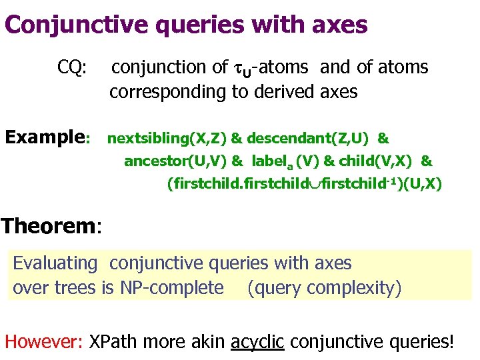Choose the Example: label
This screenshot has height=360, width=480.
[47, 138]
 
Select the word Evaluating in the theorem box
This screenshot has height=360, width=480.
[55, 263]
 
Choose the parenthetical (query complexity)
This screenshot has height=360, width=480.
[324, 288]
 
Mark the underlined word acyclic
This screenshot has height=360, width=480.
[257, 342]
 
